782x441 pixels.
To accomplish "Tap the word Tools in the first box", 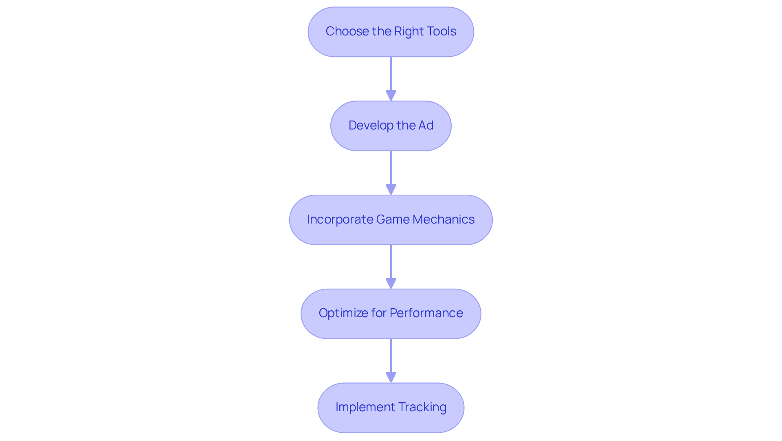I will (x=441, y=31).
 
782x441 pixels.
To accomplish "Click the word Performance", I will (x=426, y=313).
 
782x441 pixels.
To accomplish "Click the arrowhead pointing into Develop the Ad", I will (x=391, y=96).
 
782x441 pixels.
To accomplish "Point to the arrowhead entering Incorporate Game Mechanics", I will (x=391, y=190).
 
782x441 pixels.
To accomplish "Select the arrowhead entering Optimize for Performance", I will (x=391, y=284).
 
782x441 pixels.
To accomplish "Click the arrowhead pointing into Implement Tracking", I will (x=391, y=377).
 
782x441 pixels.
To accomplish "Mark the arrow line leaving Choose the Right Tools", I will (x=391, y=73).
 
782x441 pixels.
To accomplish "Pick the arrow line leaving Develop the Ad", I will (x=391, y=167).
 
